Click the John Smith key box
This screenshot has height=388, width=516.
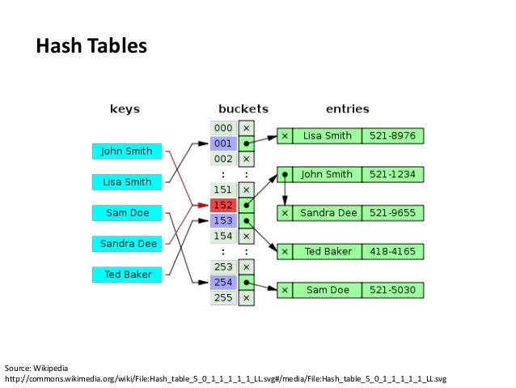pos(126,151)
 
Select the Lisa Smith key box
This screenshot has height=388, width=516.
pos(126,182)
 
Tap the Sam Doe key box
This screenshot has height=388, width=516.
pos(126,213)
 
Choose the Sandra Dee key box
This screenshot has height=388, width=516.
pos(126,243)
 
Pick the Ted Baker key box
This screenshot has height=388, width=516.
pos(126,274)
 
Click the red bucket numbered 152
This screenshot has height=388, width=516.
pos(223,205)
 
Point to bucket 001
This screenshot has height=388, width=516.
pos(223,143)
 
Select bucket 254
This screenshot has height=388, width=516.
pos(223,282)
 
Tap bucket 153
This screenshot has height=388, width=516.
pos(223,220)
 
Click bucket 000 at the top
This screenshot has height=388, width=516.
pos(223,128)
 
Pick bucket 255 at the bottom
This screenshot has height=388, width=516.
pos(223,297)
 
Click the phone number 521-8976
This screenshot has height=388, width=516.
pos(393,136)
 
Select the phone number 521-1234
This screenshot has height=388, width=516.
pos(393,174)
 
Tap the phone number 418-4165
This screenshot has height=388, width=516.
pos(393,251)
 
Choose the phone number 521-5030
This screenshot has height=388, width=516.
pos(393,289)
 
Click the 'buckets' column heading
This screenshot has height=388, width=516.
pos(243,108)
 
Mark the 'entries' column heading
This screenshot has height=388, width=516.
pos(347,108)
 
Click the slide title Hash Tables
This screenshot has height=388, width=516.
pos(91,47)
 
